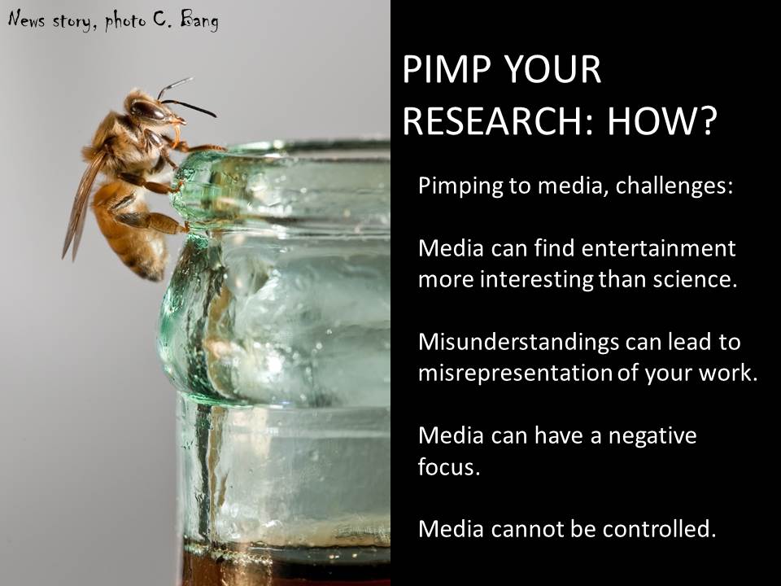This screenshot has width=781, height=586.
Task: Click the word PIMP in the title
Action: (x=447, y=69)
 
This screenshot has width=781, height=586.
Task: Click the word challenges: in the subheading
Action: (x=674, y=186)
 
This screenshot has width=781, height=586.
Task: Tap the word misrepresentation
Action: (x=515, y=374)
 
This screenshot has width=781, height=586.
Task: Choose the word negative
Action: (x=652, y=436)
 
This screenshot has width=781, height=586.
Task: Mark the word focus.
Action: (x=449, y=467)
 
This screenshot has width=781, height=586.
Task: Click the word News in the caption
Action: (x=26, y=20)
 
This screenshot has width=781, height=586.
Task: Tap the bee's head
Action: (x=150, y=108)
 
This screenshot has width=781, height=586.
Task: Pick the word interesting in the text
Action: (x=536, y=280)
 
